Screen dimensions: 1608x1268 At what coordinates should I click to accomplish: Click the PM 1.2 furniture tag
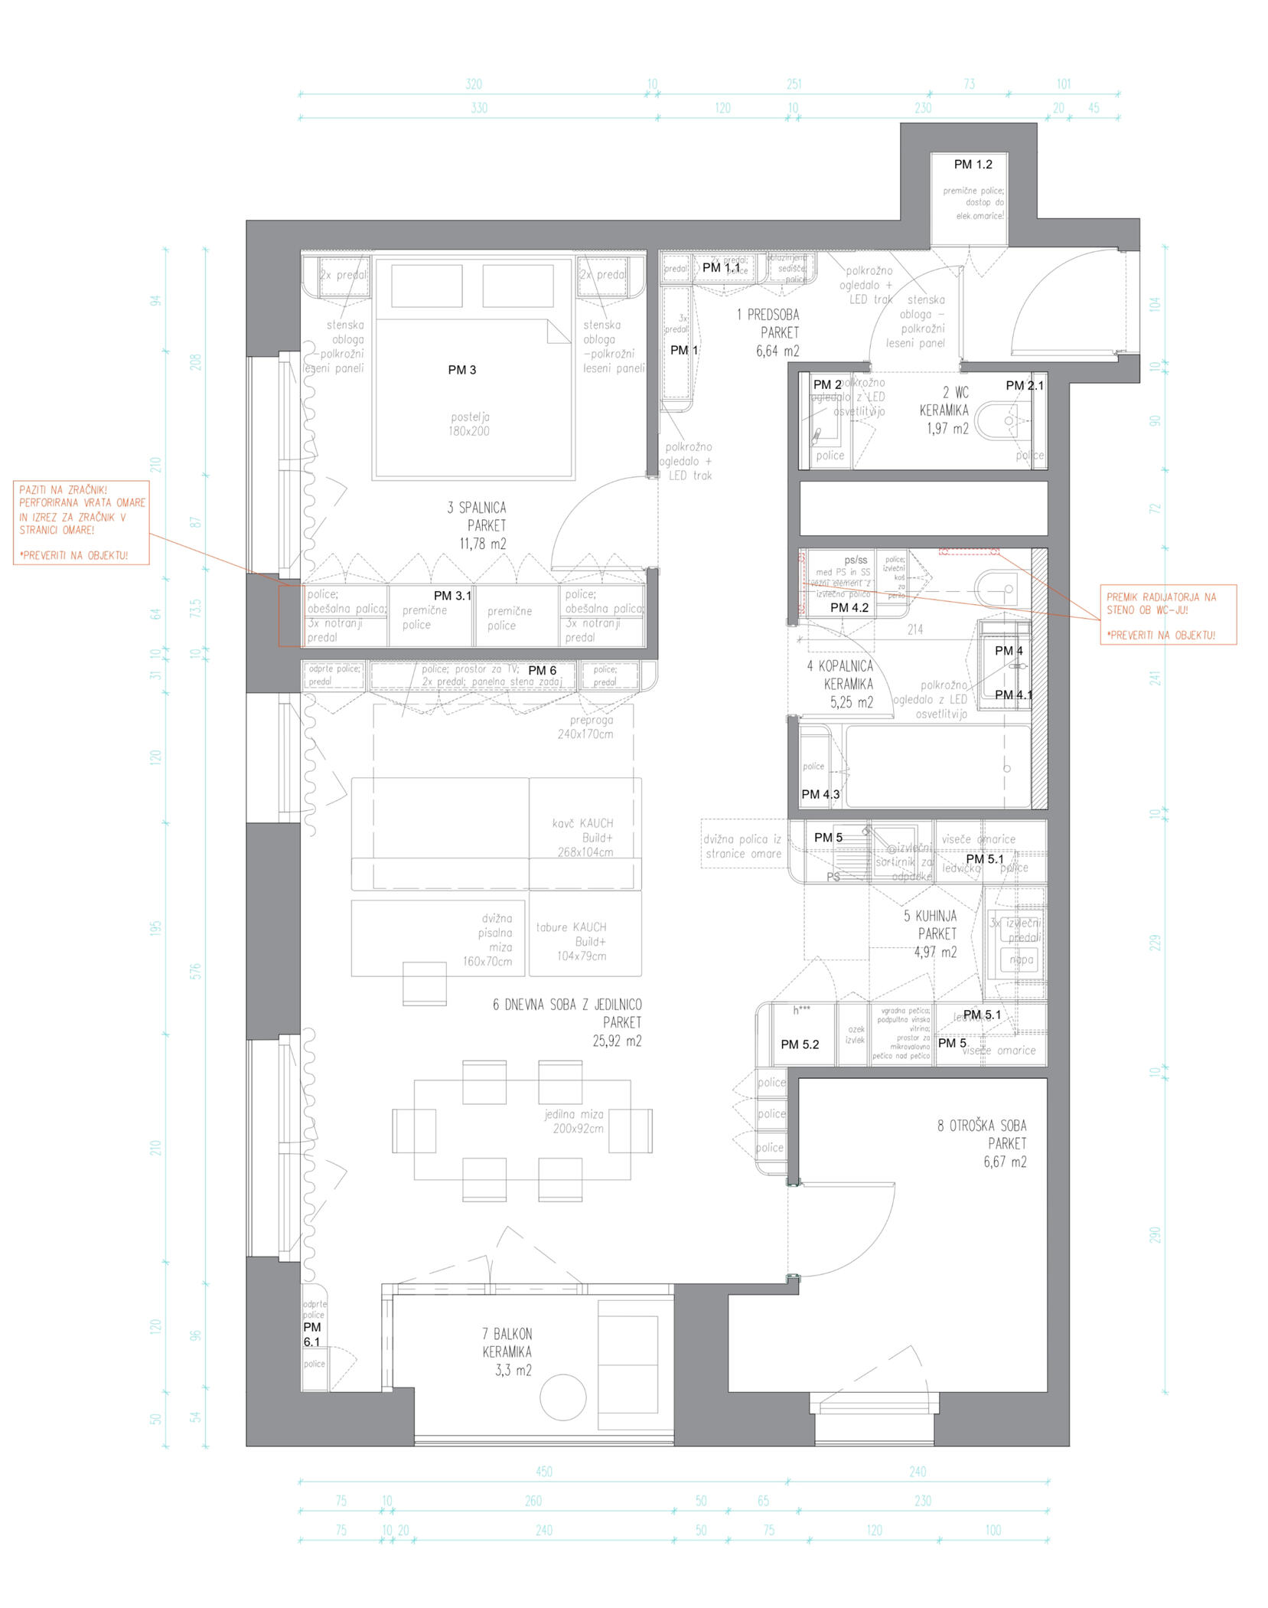972,164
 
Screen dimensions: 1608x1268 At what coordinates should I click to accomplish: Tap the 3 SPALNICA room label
477,525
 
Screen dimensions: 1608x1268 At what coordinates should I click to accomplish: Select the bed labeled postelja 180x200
472,398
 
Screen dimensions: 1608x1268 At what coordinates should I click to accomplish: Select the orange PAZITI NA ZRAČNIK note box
81,522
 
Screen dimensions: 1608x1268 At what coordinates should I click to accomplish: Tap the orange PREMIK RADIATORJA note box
1167,615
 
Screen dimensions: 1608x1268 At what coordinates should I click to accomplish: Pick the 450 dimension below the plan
543,1471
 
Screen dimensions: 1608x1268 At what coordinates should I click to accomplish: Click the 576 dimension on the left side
196,971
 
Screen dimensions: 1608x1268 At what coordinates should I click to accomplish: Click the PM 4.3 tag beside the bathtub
820,794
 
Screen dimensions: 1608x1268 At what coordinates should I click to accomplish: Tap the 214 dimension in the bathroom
914,629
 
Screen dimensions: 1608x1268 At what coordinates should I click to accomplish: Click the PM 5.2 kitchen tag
799,1044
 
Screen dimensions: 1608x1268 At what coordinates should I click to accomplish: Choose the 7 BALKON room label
507,1351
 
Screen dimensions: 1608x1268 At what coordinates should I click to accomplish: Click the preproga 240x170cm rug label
585,727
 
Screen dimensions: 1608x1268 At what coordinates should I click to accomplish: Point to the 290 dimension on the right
1155,1234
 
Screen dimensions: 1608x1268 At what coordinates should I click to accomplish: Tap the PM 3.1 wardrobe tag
451,595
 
